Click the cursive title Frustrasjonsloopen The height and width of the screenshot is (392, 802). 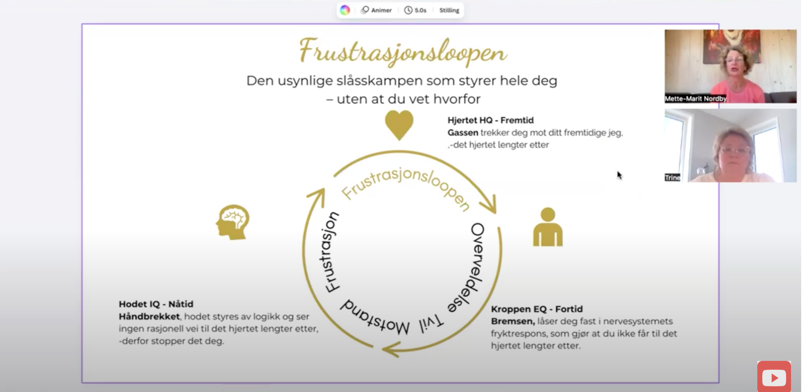[402, 51]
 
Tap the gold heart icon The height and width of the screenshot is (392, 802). [399, 124]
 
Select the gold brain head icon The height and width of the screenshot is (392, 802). [233, 222]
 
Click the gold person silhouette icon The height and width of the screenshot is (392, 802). [548, 227]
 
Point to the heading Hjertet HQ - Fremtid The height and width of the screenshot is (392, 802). [490, 120]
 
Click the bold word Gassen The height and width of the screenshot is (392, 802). [462, 133]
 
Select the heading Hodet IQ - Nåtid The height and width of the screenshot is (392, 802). [156, 304]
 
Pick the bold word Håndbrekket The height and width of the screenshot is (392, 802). [149, 316]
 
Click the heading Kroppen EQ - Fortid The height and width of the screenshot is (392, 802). [537, 309]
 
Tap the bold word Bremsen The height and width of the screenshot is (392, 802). [513, 321]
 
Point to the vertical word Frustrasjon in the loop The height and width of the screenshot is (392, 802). [330, 252]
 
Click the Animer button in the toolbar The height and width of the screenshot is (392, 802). [377, 10]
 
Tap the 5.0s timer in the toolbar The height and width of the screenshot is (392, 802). [415, 10]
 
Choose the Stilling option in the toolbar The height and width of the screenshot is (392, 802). [449, 10]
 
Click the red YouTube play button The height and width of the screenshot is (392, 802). [774, 377]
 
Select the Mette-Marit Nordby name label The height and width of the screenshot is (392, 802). [695, 99]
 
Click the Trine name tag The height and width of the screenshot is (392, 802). [672, 177]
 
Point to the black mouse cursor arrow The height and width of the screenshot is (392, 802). [619, 175]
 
